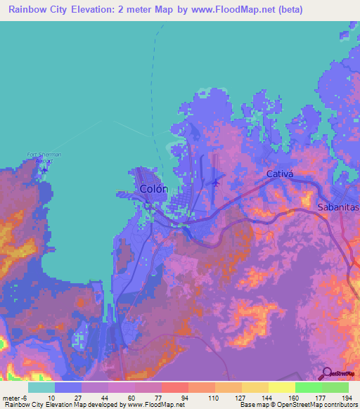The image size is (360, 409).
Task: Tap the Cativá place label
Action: (x=278, y=173)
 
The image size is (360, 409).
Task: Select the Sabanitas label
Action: (x=338, y=208)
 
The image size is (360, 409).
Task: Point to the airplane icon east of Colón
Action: (x=214, y=183)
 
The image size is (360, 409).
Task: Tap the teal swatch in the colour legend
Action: (x=41, y=387)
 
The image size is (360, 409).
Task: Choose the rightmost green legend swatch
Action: (x=335, y=387)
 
